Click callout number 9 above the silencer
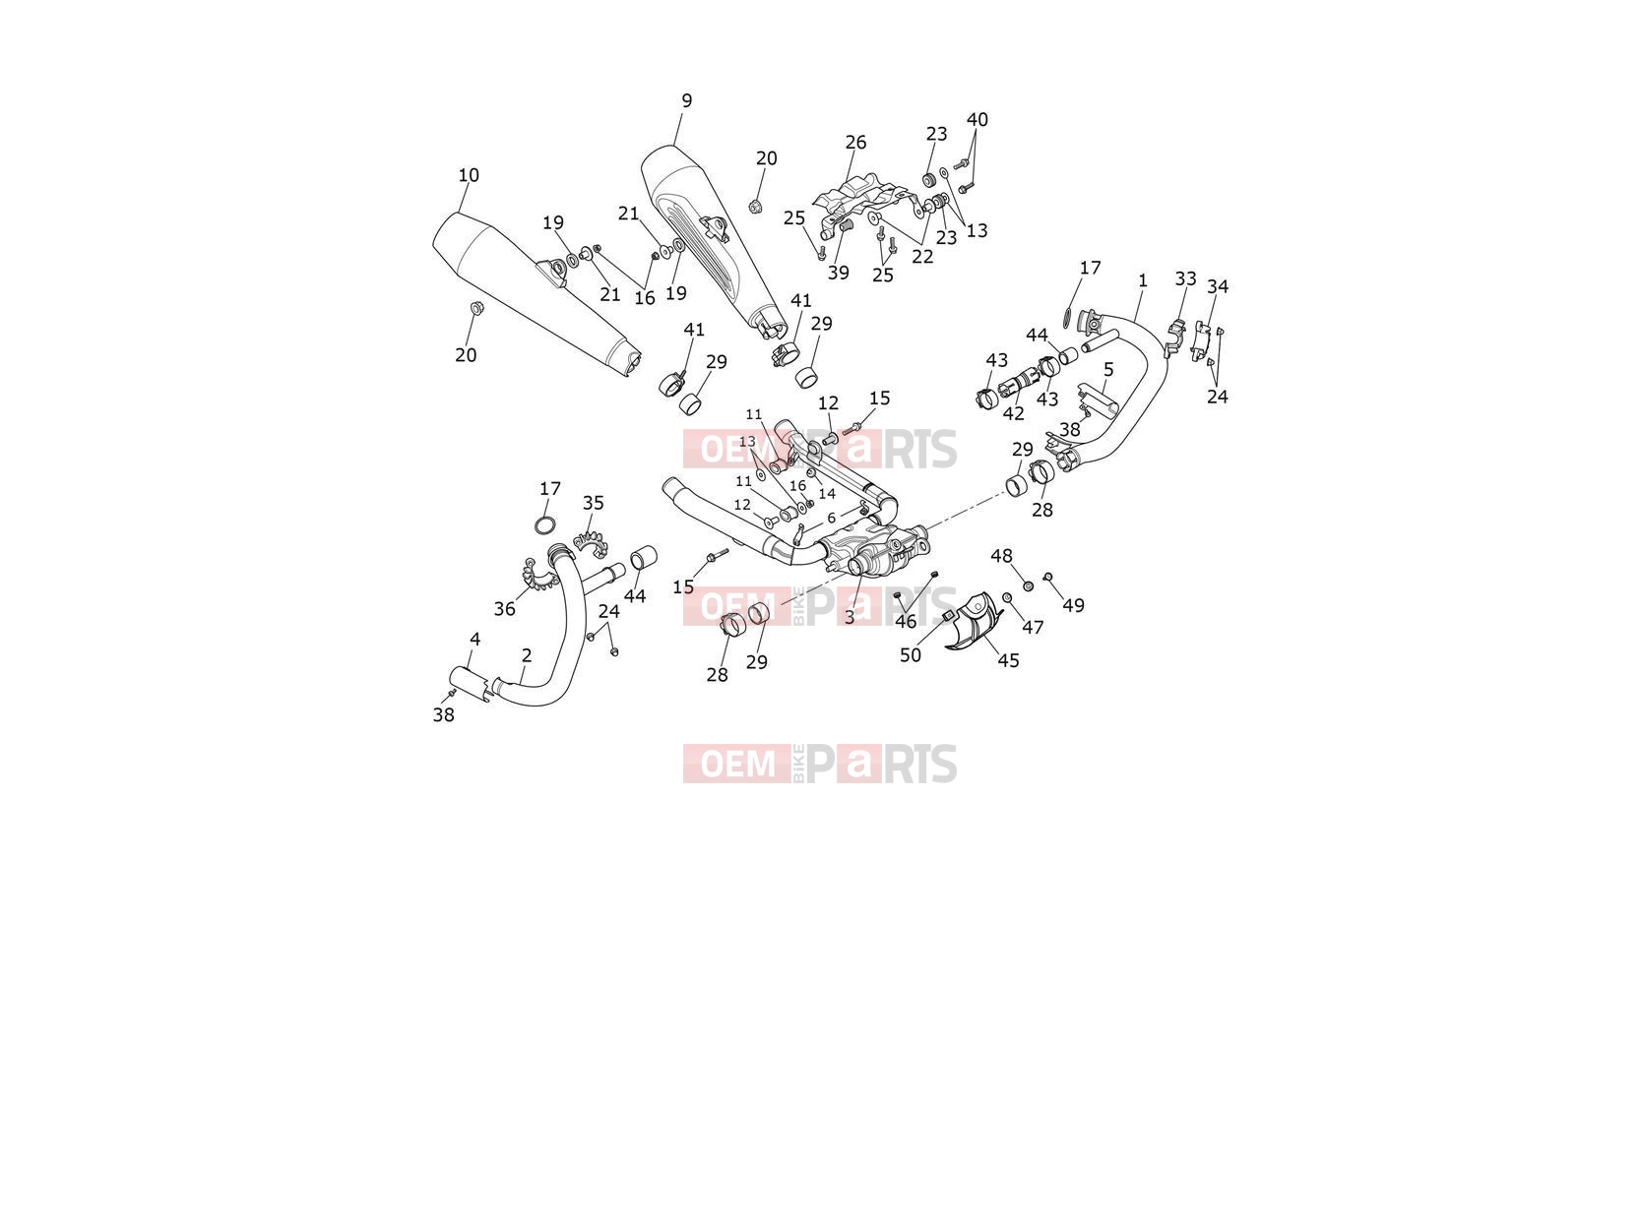(x=687, y=100)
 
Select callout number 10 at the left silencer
(x=469, y=175)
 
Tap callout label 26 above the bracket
(x=855, y=143)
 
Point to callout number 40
(x=978, y=120)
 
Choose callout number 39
(x=839, y=274)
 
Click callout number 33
(x=1186, y=279)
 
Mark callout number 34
(x=1218, y=286)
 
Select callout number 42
(x=1013, y=413)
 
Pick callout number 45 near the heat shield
(x=1009, y=661)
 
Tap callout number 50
(x=910, y=655)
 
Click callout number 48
(x=1002, y=556)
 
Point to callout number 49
(x=1074, y=606)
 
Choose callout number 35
(x=594, y=504)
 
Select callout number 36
(x=504, y=609)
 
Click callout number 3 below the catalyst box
(x=850, y=618)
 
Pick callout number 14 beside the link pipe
(x=826, y=494)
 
